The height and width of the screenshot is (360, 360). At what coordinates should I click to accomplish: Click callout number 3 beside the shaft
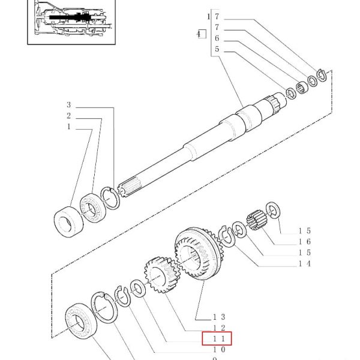tap(69, 105)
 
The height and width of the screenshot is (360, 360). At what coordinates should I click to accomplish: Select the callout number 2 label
tap(68, 116)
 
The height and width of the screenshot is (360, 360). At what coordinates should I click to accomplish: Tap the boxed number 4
tap(202, 34)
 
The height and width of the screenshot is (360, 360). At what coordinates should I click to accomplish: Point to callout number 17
tap(213, 17)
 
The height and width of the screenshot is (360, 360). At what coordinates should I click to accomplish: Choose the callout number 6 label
tap(217, 38)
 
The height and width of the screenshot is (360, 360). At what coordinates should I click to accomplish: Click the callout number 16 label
tap(304, 242)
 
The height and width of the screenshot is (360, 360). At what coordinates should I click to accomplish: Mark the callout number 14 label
tap(304, 263)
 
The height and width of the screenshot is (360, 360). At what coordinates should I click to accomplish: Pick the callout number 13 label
tap(219, 317)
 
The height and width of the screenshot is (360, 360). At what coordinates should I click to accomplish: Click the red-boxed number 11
tap(219, 338)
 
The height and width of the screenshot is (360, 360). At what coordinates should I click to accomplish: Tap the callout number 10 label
tap(219, 350)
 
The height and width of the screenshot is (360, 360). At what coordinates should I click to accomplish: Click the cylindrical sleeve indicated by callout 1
tap(68, 221)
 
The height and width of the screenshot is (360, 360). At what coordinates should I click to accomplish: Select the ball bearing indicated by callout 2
tap(92, 208)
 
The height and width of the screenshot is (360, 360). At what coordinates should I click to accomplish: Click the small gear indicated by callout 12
tap(161, 275)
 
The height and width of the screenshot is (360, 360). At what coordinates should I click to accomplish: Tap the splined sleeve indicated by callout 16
tap(257, 220)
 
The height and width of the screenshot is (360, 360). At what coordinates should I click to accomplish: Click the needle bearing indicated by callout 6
tap(301, 88)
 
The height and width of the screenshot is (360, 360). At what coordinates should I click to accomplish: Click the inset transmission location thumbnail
tap(71, 22)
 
